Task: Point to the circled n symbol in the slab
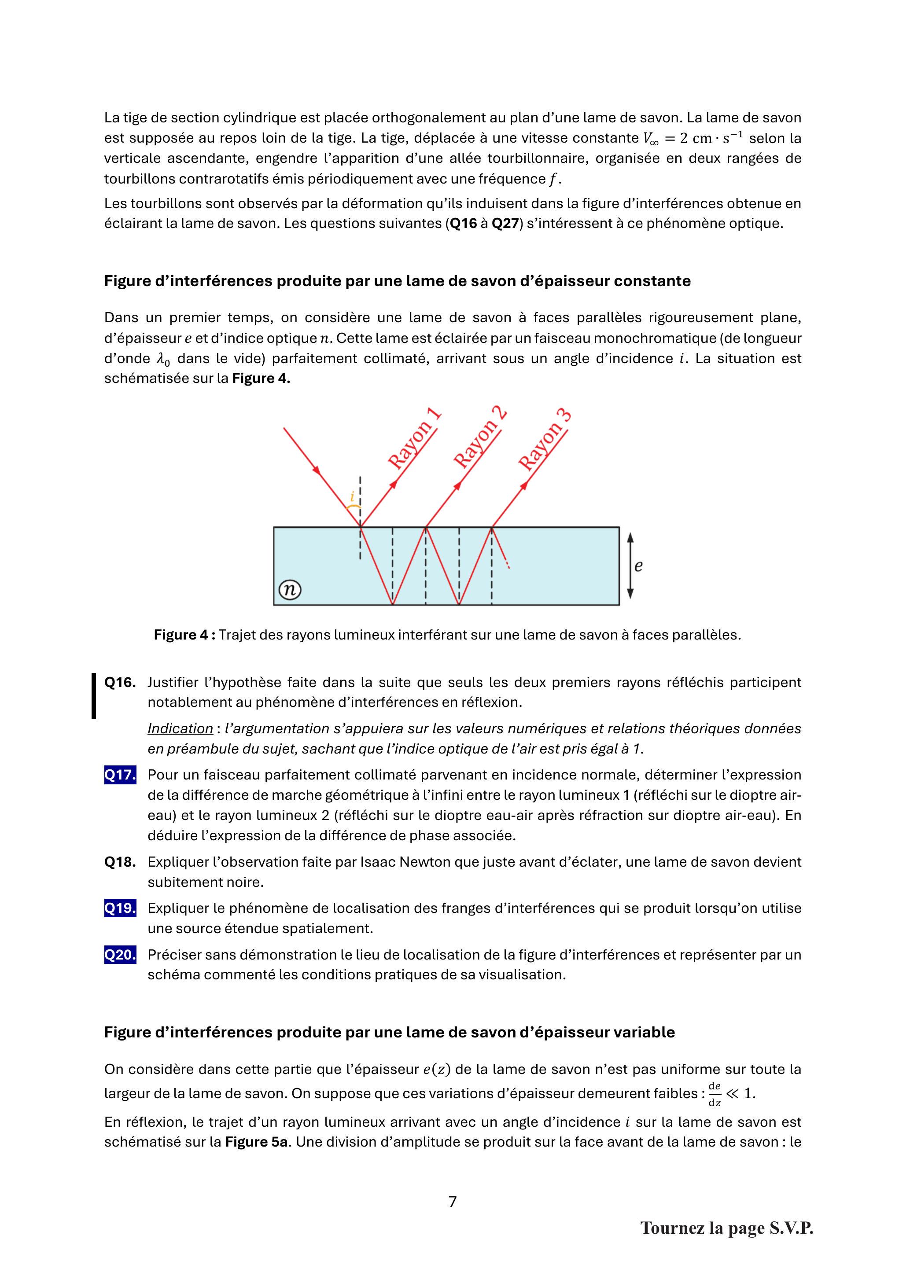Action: pyautogui.click(x=289, y=590)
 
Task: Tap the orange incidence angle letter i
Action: pyautogui.click(x=352, y=496)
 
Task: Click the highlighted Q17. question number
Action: pyautogui.click(x=120, y=775)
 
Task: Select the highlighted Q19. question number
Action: pyautogui.click(x=120, y=908)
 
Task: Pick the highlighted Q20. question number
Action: pyautogui.click(x=120, y=955)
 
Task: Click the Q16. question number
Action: pyautogui.click(x=120, y=682)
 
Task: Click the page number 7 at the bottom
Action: pyautogui.click(x=453, y=1201)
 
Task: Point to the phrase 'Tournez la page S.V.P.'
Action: pyautogui.click(x=727, y=1228)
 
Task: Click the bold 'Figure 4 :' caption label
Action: pyautogui.click(x=184, y=635)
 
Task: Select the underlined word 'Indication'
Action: pyautogui.click(x=180, y=729)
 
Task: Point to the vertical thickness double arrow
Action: pyautogui.click(x=630, y=566)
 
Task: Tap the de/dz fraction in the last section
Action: pyautogui.click(x=715, y=1094)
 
